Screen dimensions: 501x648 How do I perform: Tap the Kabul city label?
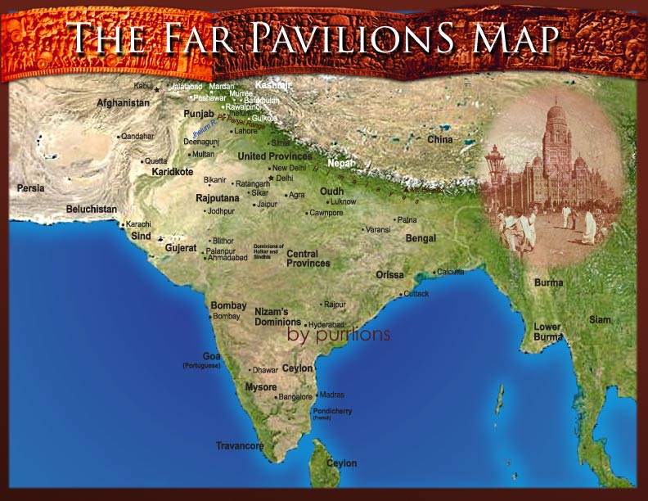coord(144,85)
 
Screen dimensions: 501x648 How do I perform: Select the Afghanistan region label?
coord(123,103)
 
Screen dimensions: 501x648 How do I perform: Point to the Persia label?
coord(31,188)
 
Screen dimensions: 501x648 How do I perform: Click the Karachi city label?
coord(138,224)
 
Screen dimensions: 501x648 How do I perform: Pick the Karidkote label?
coord(173,173)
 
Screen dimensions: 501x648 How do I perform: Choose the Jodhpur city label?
coord(221,211)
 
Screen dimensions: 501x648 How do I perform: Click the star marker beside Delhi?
coord(270,178)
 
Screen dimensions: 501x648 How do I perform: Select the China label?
coord(439,140)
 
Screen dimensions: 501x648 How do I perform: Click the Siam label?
coord(600,319)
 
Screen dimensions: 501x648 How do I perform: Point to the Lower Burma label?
coord(547,332)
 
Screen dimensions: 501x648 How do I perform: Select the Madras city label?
coord(332,394)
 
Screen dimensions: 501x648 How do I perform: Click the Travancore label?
coord(240,446)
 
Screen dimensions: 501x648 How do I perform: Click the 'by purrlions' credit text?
coord(338,336)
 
